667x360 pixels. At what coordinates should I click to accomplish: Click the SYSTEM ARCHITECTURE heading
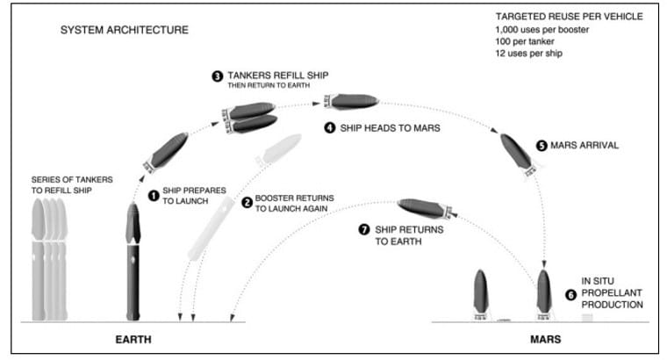pyautogui.click(x=123, y=30)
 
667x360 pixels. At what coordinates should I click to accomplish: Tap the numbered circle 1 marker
pyautogui.click(x=153, y=195)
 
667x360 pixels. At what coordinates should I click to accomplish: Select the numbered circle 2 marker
pyautogui.click(x=247, y=202)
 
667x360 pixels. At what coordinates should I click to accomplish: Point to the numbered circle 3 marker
pyautogui.click(x=217, y=76)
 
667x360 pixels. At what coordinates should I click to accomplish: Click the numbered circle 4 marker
pyautogui.click(x=329, y=128)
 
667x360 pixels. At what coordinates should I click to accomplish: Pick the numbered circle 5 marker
pyautogui.click(x=541, y=146)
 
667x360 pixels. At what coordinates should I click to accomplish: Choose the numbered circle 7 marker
pyautogui.click(x=364, y=229)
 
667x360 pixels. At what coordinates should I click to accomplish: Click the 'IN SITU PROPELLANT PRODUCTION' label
pyautogui.click(x=612, y=293)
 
